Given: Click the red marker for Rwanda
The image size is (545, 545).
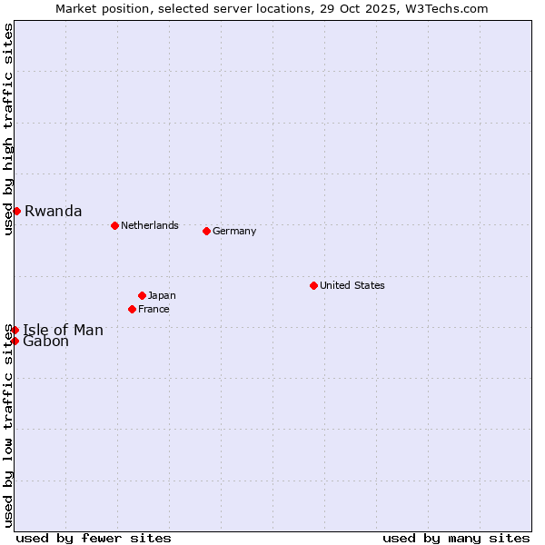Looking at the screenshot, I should point(16,211).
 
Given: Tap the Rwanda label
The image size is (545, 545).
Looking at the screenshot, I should point(53,212).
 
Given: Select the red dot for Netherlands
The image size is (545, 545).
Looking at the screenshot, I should point(114,225).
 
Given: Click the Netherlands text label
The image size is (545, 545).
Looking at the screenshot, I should point(149,225).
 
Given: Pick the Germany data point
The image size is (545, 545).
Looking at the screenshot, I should point(206,231).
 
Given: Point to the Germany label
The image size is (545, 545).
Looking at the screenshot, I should point(234,231).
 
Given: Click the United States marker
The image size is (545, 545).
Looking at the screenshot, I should point(313,285).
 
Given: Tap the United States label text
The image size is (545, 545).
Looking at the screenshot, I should point(352,285).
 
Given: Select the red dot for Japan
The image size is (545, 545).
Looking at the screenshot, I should point(142,295).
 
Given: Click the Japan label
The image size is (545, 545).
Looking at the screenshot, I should point(162,295).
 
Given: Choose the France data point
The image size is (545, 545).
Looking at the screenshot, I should point(132,309).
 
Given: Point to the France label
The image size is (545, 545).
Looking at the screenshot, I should point(154,309).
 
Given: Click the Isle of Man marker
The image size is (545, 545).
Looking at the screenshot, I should point(15,330).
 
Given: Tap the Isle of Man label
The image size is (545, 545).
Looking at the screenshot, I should point(63,331).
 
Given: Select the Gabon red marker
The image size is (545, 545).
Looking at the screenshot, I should point(15,341).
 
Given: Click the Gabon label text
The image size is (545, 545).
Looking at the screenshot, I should point(45,342).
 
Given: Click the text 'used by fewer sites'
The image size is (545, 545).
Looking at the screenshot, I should point(94,538).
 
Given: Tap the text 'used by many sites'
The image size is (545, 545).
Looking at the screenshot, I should point(456,538).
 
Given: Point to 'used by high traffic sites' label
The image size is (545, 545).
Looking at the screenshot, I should point(8,130).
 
